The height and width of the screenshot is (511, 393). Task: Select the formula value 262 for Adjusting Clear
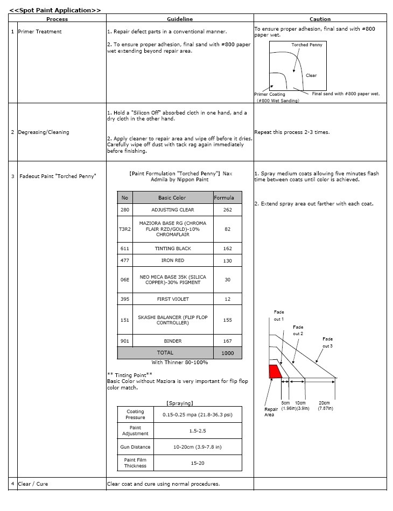(227, 210)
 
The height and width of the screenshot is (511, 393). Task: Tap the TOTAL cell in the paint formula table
(165, 353)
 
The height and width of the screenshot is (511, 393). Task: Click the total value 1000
(227, 353)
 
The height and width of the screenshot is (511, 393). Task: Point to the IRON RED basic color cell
(172, 261)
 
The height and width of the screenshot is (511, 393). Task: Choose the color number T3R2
(125, 229)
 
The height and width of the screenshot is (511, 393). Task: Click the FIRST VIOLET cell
(172, 299)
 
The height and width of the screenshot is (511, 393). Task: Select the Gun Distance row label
(135, 447)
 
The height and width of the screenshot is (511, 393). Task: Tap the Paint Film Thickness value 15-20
(198, 463)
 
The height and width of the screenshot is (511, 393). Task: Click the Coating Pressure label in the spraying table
(135, 415)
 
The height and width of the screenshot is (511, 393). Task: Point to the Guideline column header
(180, 19)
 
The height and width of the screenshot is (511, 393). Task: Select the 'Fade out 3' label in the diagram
(327, 342)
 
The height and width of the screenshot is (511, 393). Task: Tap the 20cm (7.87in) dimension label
(325, 406)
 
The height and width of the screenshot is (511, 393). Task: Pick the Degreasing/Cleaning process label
(43, 132)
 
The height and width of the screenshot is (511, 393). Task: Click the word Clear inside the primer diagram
(311, 76)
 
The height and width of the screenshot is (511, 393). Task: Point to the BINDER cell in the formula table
(172, 341)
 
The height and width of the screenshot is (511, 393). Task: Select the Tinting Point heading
(130, 375)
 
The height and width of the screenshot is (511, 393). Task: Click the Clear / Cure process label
(33, 484)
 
